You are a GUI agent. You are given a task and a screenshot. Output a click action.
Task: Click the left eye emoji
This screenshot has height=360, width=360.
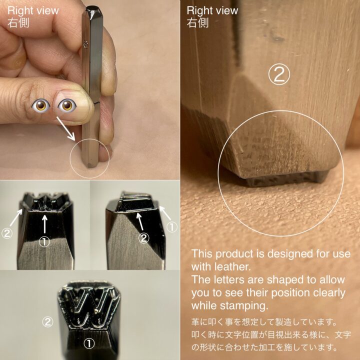pos(40,105)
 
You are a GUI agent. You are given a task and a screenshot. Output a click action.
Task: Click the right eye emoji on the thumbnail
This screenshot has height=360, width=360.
pos(67,105)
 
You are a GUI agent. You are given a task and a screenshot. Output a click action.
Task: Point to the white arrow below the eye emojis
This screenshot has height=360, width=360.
pos(65,128)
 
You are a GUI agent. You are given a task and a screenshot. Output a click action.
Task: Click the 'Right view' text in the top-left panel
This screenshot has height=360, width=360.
pos(33,11)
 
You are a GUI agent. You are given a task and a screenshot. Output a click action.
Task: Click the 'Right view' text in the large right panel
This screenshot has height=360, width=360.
pos(212,11)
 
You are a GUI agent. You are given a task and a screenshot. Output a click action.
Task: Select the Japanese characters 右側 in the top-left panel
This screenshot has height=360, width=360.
pos(18,22)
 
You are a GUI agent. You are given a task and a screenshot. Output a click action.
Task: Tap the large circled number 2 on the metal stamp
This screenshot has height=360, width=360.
pos(279,74)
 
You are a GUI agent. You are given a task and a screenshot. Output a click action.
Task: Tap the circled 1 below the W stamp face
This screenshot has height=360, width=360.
pos(89,343)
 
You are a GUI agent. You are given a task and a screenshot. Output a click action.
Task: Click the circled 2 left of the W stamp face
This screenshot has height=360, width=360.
pos(47,321)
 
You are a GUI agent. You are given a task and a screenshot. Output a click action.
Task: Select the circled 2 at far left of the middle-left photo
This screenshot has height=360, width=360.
pos(7,233)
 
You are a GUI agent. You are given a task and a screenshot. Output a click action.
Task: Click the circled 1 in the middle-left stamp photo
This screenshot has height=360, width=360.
pos(44,241)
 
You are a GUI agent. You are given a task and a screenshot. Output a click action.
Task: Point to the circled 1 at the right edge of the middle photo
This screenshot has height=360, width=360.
pos(171,227)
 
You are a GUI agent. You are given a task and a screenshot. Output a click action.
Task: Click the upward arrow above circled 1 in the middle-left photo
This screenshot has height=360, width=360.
pos(44,224)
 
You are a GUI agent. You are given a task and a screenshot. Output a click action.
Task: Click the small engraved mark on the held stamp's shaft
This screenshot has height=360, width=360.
pos(86,44)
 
